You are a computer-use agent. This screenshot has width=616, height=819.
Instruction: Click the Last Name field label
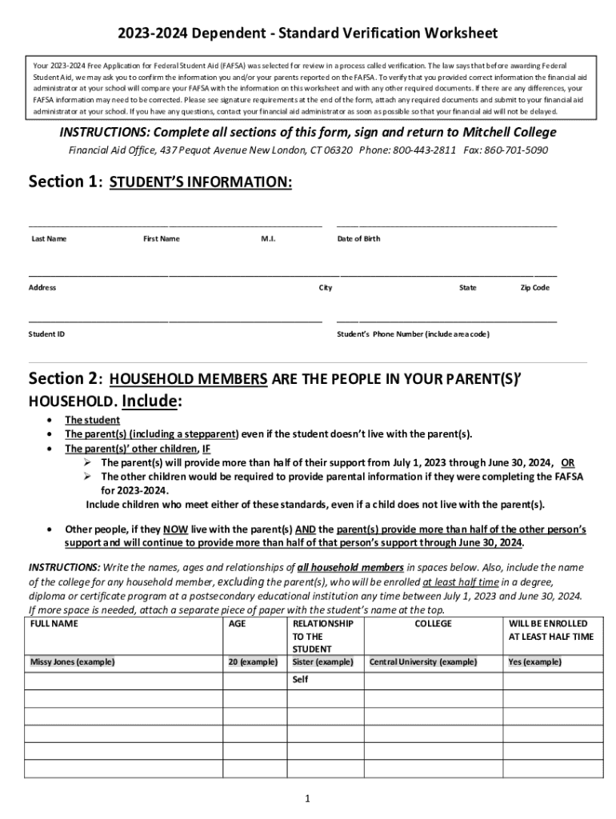coord(48,238)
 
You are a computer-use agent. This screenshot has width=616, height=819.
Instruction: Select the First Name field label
coord(162,238)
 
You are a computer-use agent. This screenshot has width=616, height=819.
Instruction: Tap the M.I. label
coord(268,238)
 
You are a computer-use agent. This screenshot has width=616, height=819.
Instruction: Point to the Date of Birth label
coord(358,238)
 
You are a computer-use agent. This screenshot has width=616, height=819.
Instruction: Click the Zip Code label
coord(534,287)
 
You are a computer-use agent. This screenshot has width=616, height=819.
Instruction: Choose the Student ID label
coord(47,334)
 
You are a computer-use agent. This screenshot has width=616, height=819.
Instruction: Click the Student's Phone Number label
coord(413,334)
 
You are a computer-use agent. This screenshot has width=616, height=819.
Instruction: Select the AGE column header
coord(238,623)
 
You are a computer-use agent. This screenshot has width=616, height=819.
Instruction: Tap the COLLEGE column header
coord(433,623)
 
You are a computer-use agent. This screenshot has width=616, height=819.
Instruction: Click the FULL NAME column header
coord(54,623)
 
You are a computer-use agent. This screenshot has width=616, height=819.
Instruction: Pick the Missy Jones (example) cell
coord(72,661)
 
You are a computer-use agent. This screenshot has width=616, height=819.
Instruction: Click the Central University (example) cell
coord(423,661)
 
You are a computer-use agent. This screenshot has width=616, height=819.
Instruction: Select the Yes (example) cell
coord(534,661)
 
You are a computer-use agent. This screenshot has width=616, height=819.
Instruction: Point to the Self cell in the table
coord(301,679)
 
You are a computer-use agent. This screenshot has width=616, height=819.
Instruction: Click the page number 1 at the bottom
coord(307,798)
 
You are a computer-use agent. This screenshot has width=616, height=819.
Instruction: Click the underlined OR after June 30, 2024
coord(567,462)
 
